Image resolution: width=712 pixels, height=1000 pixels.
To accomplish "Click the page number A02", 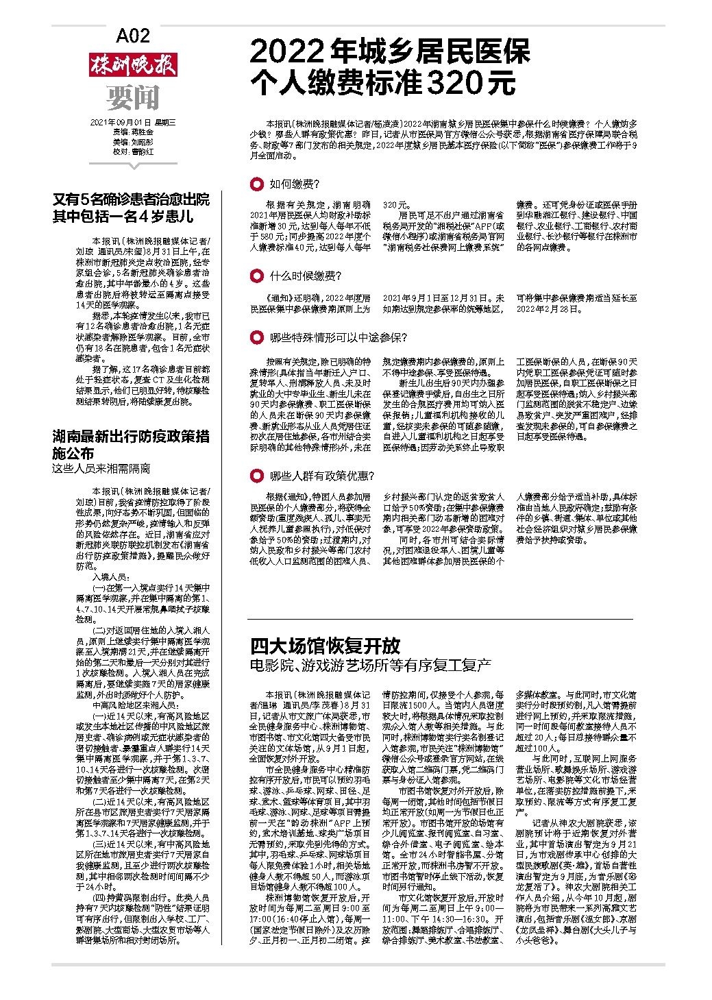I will [x=132, y=36].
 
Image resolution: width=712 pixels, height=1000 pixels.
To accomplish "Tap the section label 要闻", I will [x=132, y=98].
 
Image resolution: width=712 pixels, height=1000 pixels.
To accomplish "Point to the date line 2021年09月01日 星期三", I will [x=133, y=123].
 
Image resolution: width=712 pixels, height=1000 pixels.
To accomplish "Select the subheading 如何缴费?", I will [x=294, y=184].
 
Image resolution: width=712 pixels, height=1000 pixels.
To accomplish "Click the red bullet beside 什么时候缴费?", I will [x=256, y=276].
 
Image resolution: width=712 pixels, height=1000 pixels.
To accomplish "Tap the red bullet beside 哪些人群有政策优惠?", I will [x=256, y=476].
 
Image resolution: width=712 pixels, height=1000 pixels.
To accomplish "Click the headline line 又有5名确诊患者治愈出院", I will [x=132, y=200].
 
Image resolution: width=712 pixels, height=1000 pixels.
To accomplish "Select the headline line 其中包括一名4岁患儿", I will [x=123, y=217].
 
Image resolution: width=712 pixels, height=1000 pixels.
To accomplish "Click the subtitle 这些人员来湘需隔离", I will [x=101, y=469].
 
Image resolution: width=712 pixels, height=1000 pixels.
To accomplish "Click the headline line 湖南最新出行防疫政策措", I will [x=132, y=436].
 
